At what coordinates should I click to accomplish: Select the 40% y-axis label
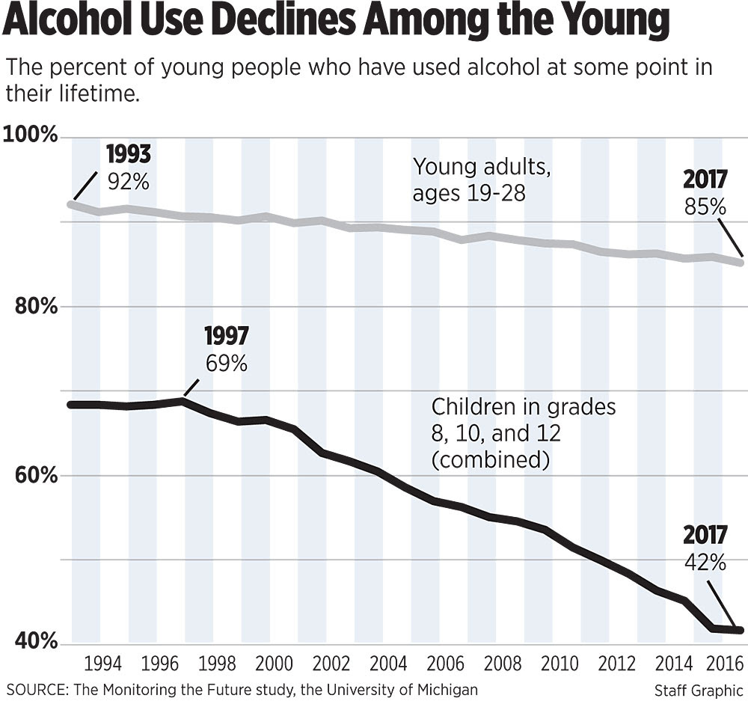[34, 642]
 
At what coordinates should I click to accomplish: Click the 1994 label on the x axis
[104, 665]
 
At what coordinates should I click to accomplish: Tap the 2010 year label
[557, 665]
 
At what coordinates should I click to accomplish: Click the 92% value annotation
[128, 181]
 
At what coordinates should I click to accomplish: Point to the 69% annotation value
[226, 364]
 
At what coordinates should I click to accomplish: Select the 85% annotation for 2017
[705, 206]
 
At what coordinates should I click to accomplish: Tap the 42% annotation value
[705, 561]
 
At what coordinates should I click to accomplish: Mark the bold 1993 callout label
[128, 156]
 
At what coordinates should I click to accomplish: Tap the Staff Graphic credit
[699, 690]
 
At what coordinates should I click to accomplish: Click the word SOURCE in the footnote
[36, 689]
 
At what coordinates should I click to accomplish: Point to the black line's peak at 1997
[183, 401]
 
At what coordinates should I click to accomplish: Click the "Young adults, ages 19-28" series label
[482, 180]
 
